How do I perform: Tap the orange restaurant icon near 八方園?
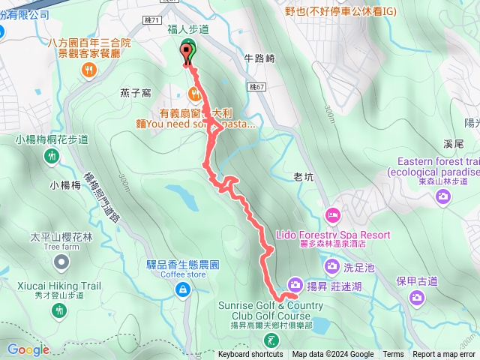pyautogui.click(x=89, y=70)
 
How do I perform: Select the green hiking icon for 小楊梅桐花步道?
pyautogui.click(x=52, y=156)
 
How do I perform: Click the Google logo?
pyautogui.click(x=28, y=349)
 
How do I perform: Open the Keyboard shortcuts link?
pyautogui.click(x=250, y=355)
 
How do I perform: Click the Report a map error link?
pyautogui.click(x=443, y=355)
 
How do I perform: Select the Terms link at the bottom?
pyautogui.click(x=393, y=355)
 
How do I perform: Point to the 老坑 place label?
pyautogui.click(x=302, y=177)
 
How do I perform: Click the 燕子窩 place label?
pyautogui.click(x=136, y=92)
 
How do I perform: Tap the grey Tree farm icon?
pyautogui.click(x=61, y=262)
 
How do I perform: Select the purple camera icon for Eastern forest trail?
pyautogui.click(x=444, y=196)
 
